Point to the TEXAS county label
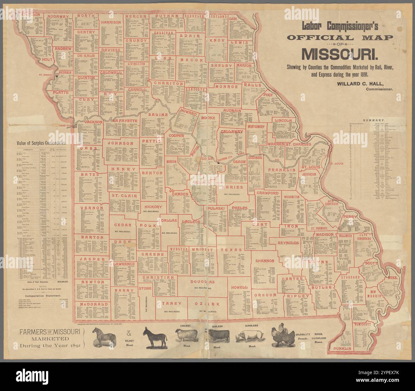pyautogui.click(x=229, y=250)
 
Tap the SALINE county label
pyautogui.click(x=158, y=114)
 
